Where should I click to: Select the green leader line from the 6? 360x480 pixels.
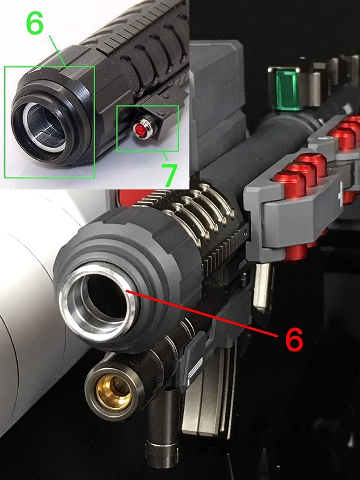point(57,50)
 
